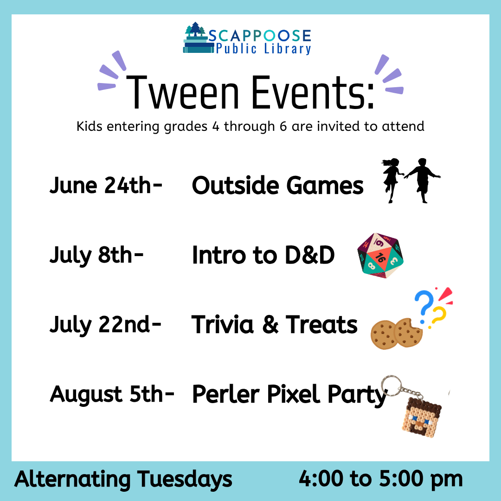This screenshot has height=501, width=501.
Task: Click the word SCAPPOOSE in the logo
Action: coord(260,35)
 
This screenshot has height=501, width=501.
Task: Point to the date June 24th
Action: coord(106,186)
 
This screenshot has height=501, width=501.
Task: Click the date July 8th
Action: coord(96,255)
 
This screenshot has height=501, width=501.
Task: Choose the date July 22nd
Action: coord(105,325)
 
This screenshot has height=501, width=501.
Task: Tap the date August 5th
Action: coord(112,394)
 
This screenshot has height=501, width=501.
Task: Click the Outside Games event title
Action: coord(277,186)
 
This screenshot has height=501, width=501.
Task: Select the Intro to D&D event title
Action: coord(263,255)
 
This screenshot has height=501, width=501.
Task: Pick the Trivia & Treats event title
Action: coord(274,325)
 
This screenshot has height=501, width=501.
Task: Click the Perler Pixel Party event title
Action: coord(289,394)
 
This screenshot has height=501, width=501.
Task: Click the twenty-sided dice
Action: coord(380,255)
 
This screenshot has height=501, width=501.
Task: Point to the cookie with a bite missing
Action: coord(408,332)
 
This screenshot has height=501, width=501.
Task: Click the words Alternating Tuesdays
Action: coord(123,479)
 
